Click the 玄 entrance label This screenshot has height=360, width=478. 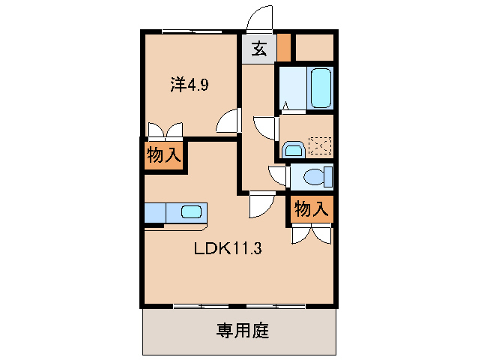(258, 50)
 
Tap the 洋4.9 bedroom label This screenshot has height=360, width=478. (189, 85)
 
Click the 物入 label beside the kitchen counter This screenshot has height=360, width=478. (163, 156)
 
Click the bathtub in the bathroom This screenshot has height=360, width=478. (320, 88)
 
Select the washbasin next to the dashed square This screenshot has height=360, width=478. (293, 148)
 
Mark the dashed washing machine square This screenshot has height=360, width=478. (321, 145)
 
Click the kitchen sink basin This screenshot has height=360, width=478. (191, 211)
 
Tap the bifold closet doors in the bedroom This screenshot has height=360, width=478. (165, 130)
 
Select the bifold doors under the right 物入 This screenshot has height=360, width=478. (311, 234)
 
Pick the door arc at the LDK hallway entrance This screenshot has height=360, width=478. (260, 205)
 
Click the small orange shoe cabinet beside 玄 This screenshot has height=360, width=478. (282, 48)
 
